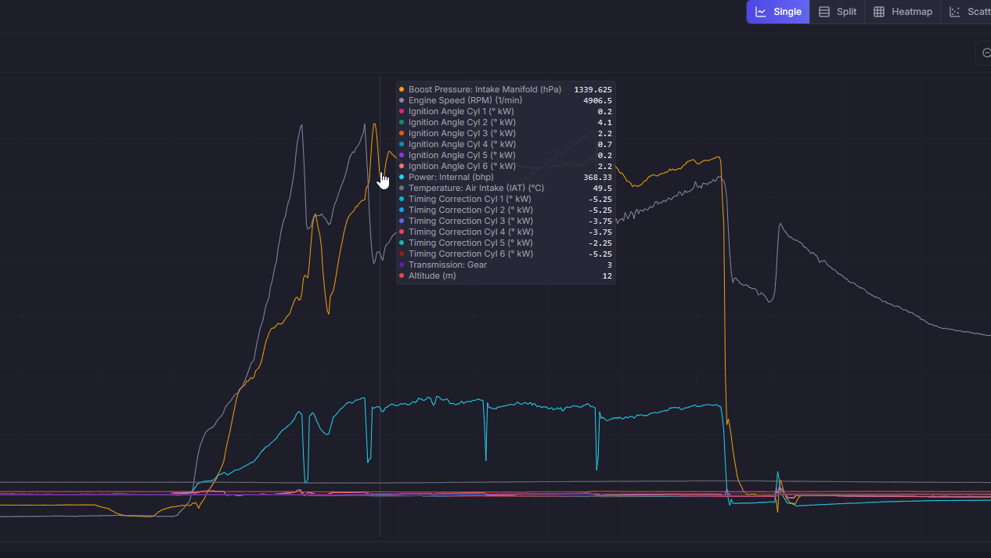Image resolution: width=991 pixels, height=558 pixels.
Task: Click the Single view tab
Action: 777,12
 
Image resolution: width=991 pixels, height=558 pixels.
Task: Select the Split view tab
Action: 837,12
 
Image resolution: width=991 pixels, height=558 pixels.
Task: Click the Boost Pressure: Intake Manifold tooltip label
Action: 485,89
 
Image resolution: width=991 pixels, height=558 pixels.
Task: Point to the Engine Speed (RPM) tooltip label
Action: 465,100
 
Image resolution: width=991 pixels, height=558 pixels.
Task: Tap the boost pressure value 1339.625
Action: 593,89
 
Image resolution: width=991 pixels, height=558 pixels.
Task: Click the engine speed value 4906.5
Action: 597,100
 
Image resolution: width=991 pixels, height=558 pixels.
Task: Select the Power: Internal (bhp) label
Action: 451,177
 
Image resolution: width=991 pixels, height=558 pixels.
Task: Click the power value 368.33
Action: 597,177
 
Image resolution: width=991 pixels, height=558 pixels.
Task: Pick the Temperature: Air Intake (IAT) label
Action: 476,188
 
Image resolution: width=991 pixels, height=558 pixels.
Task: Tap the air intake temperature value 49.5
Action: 602,188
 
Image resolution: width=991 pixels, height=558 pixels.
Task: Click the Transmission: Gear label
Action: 448,265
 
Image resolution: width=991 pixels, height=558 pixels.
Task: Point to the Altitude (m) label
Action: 432,275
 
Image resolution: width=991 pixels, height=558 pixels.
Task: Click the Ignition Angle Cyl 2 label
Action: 462,122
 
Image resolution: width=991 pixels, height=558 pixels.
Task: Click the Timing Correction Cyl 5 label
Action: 470,243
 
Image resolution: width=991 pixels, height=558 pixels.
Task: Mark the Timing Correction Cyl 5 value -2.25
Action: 600,243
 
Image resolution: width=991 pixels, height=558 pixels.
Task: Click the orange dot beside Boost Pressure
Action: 402,89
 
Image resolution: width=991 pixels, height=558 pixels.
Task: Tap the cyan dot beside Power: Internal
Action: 402,177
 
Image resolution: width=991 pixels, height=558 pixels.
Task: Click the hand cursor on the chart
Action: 383,180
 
